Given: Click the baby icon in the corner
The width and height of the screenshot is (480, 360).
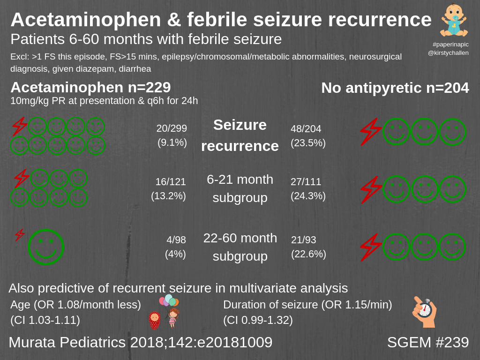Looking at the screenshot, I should click(x=453, y=21).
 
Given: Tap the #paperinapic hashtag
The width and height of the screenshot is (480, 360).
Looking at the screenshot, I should click(x=450, y=45).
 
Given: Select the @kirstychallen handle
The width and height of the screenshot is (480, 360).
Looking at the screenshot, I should click(x=448, y=53).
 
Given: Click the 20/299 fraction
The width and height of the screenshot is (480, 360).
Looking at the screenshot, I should click(x=172, y=128).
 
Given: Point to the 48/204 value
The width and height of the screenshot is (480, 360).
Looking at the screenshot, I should click(x=306, y=129).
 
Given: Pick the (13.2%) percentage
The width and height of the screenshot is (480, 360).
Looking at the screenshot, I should click(x=168, y=196).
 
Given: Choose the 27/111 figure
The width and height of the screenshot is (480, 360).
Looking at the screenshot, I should click(x=306, y=182).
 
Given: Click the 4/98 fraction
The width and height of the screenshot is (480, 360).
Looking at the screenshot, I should click(x=176, y=240).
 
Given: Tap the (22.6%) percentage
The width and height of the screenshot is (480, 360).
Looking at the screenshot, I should click(x=308, y=254).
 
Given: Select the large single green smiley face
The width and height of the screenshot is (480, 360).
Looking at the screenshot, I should click(x=45, y=247).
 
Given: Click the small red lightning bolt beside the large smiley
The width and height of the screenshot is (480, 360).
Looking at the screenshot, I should click(x=20, y=235).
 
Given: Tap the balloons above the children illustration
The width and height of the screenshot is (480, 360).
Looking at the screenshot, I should click(x=169, y=300).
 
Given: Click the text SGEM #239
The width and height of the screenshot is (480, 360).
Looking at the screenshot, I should click(x=428, y=342).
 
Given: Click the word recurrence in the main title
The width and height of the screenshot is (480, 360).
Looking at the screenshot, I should click(x=380, y=20).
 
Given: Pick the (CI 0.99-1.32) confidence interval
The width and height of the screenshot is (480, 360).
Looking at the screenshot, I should click(x=258, y=320).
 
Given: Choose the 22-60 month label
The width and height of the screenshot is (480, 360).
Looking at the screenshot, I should click(x=240, y=238).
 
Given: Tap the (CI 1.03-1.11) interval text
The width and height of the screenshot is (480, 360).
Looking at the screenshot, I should click(x=45, y=320).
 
